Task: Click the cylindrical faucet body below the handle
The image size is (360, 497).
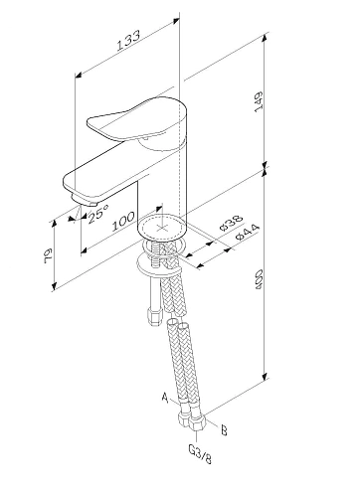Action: [x=162, y=179]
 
